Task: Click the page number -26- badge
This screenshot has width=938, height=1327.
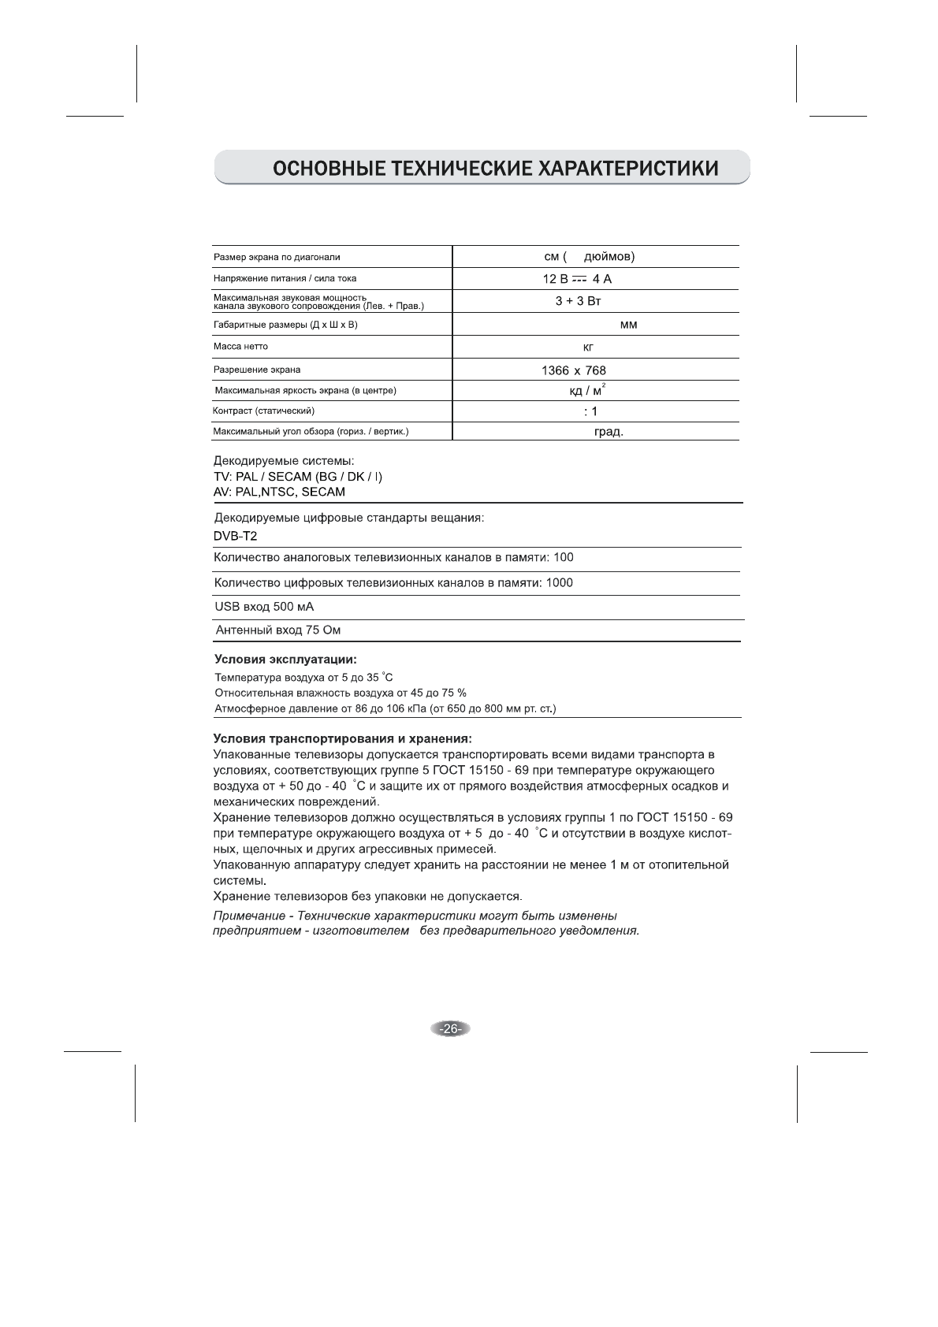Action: point(450,1028)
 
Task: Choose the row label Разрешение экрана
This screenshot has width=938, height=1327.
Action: point(257,370)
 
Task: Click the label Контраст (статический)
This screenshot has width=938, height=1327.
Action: point(264,411)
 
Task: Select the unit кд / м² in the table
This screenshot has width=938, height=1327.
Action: point(587,391)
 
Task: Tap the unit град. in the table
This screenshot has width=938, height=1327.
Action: point(609,432)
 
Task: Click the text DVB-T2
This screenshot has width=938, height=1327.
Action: point(236,537)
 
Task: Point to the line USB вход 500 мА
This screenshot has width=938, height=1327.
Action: point(264,607)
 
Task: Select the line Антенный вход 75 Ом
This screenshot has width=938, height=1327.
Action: point(278,630)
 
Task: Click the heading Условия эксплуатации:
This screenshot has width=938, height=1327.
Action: point(286,659)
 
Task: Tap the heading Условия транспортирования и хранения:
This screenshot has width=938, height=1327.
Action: point(343,739)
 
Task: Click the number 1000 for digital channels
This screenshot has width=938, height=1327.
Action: point(559,583)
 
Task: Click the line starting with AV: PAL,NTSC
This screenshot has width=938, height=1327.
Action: point(279,492)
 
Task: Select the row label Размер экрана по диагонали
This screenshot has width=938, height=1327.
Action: point(277,257)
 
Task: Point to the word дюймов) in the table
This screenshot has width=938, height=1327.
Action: point(610,257)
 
